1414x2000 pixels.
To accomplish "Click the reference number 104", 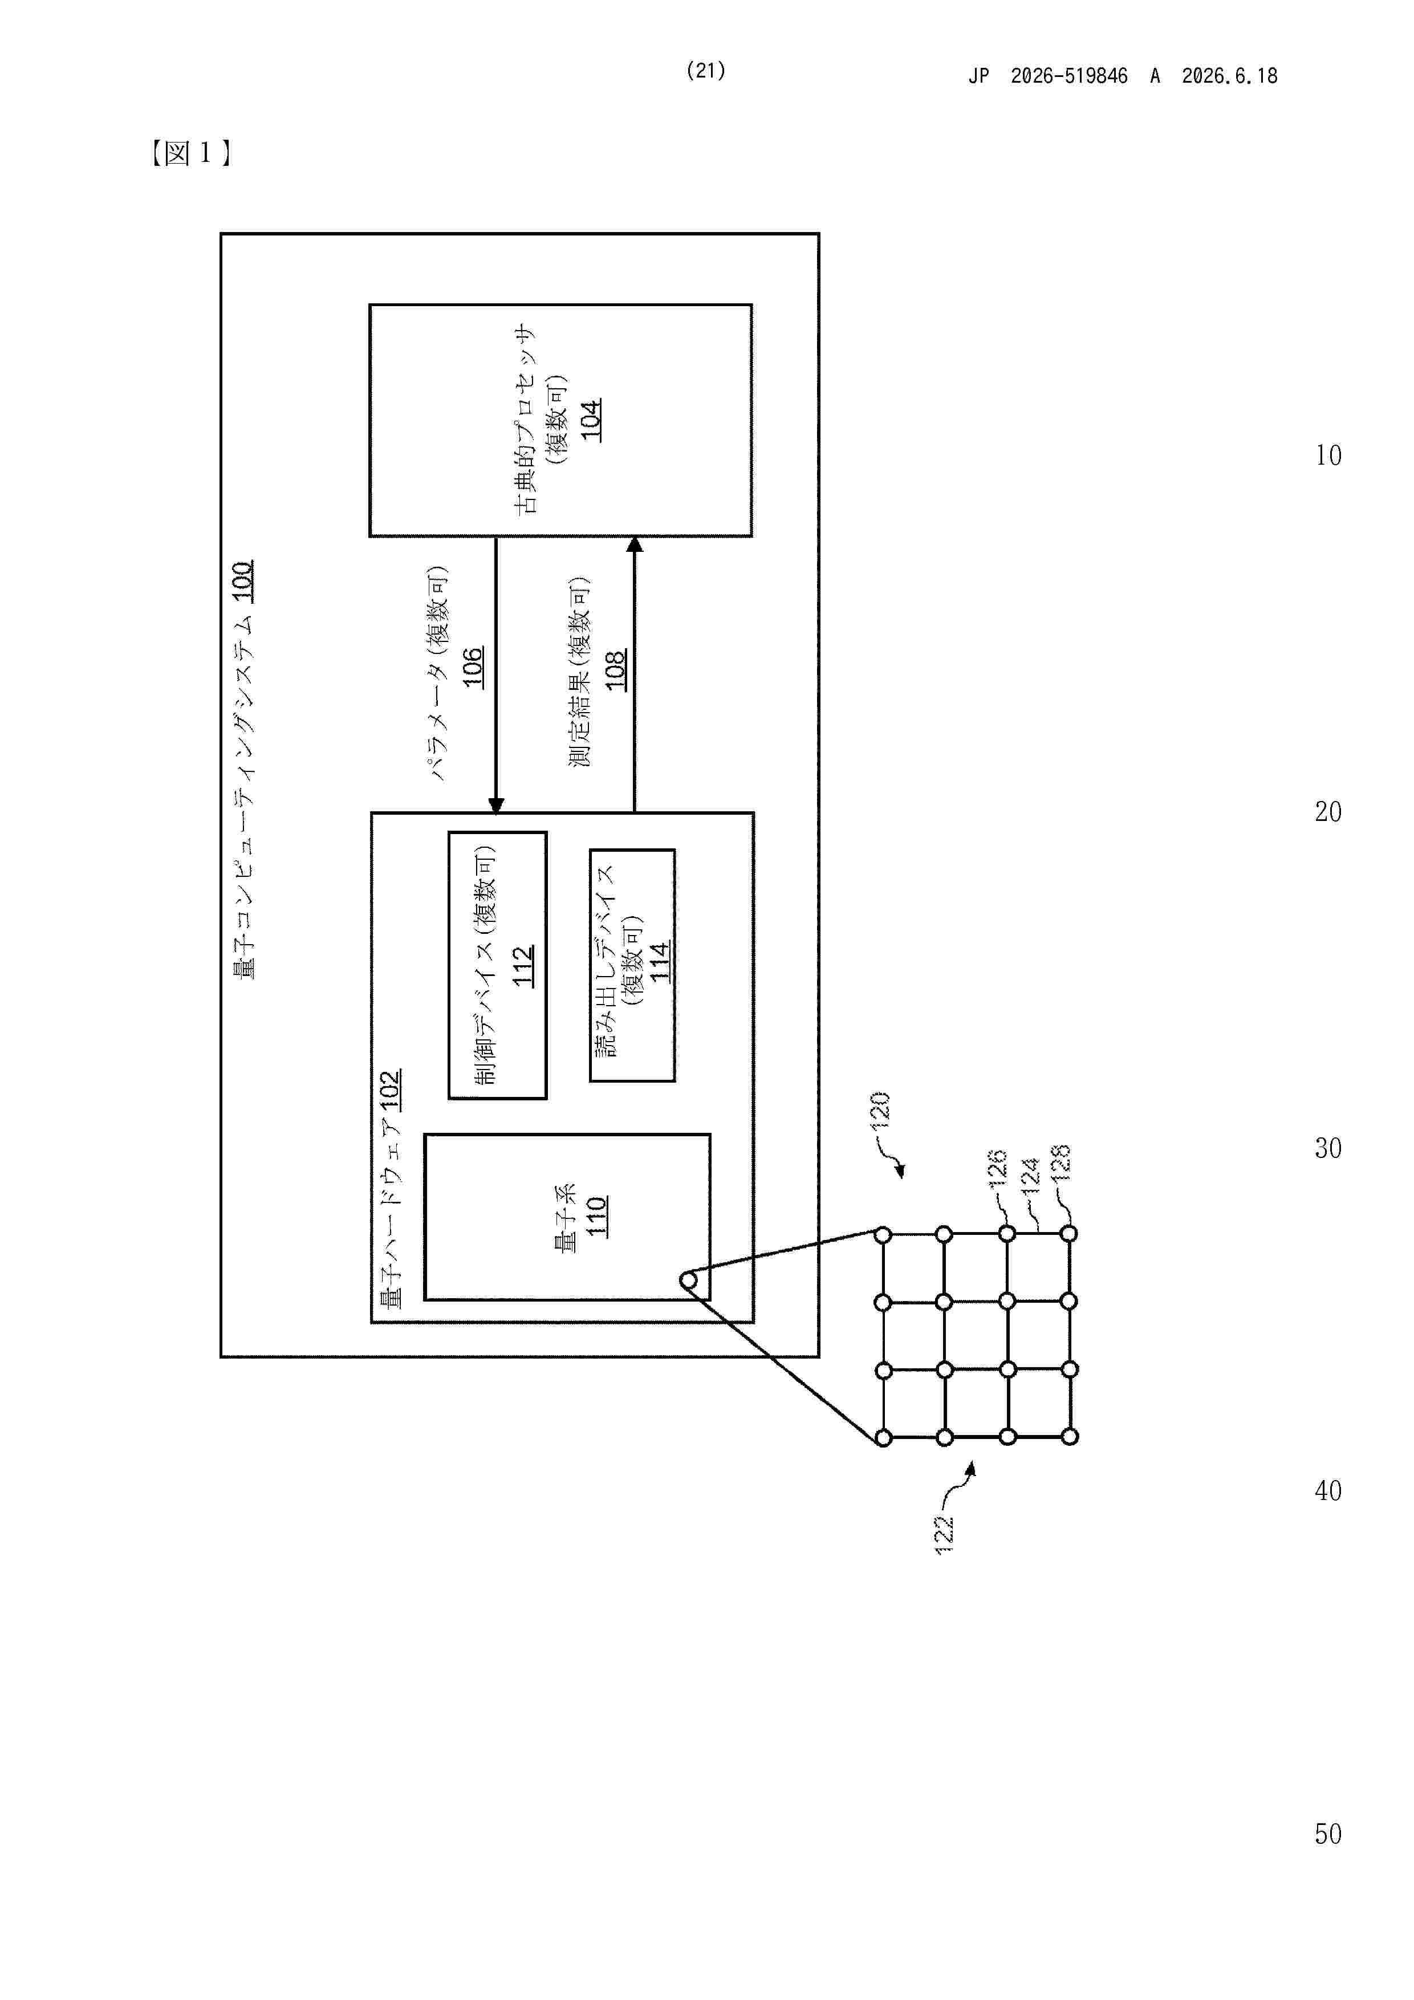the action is coord(591,420).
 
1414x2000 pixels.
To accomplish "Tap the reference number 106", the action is coord(472,667).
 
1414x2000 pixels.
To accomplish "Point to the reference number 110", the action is coord(596,1216).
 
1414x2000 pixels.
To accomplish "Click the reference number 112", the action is coord(523,966).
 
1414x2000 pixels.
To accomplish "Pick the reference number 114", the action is coord(660,962).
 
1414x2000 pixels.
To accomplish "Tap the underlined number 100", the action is coord(242,582).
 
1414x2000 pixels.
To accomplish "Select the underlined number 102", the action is coord(391,1091).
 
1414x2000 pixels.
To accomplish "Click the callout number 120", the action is coord(880,1110).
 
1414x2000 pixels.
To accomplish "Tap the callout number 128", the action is coord(1060,1163).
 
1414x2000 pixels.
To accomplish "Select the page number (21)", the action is coord(706,71).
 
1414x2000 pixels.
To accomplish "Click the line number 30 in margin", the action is coord(1328,1148).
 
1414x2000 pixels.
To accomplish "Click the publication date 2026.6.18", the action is coord(1229,76).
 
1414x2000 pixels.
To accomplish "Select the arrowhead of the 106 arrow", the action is coord(495,805).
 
